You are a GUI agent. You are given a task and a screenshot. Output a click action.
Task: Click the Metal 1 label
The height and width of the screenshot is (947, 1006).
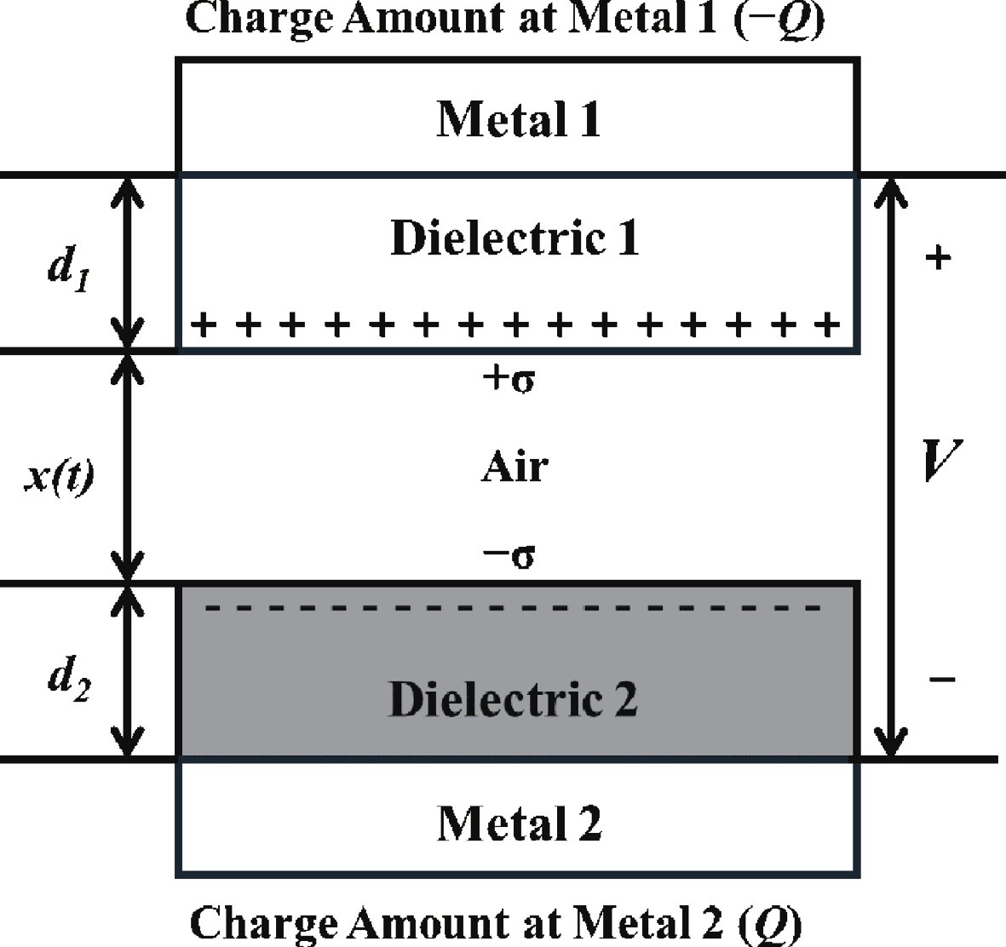519,119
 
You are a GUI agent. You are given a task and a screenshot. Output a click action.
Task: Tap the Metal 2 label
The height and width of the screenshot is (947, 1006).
519,823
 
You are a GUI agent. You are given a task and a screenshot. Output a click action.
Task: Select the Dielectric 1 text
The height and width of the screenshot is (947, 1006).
514,238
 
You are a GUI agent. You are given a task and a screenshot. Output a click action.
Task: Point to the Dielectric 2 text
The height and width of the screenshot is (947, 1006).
514,698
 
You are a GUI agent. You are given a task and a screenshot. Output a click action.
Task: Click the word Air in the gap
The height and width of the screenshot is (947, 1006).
514,467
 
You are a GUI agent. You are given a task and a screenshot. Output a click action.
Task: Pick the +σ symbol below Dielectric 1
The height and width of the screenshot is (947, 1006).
509,378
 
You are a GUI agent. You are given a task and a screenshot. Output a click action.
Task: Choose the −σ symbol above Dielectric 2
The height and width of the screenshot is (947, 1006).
509,555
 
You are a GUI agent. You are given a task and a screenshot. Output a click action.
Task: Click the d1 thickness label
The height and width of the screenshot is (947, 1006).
69,268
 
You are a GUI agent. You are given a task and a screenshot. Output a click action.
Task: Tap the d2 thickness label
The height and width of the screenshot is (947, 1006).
69,679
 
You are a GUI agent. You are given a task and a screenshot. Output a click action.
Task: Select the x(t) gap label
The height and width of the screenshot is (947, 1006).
59,476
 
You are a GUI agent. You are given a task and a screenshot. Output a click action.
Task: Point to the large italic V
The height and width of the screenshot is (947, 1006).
942,459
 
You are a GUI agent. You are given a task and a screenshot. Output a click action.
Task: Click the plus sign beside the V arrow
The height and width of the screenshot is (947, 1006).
938,258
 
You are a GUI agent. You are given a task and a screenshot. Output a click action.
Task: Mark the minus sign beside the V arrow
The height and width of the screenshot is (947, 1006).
942,679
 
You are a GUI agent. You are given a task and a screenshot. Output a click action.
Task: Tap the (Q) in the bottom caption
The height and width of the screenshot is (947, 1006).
770,924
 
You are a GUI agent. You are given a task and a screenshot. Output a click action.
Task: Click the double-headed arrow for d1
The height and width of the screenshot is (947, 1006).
128,263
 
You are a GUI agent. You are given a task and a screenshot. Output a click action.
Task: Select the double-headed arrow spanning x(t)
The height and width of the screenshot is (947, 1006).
128,468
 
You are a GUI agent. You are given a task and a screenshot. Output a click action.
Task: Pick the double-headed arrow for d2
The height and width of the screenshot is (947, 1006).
128,672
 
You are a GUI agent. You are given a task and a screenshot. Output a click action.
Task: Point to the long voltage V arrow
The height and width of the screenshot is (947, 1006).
891,467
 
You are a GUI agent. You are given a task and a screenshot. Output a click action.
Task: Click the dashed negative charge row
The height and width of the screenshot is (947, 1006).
513,607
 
